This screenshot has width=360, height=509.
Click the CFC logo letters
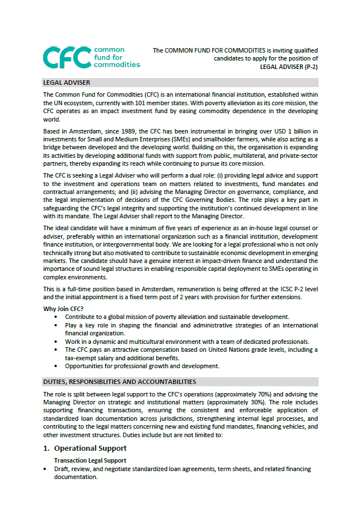[x=67, y=57]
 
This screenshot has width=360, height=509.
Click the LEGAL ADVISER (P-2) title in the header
[x=289, y=66]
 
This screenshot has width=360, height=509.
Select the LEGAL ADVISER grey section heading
[x=67, y=83]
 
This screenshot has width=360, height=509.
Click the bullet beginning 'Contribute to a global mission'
[x=177, y=317]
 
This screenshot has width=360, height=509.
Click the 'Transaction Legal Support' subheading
[x=90, y=461]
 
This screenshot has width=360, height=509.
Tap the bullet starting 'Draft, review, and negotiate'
[x=182, y=469]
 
